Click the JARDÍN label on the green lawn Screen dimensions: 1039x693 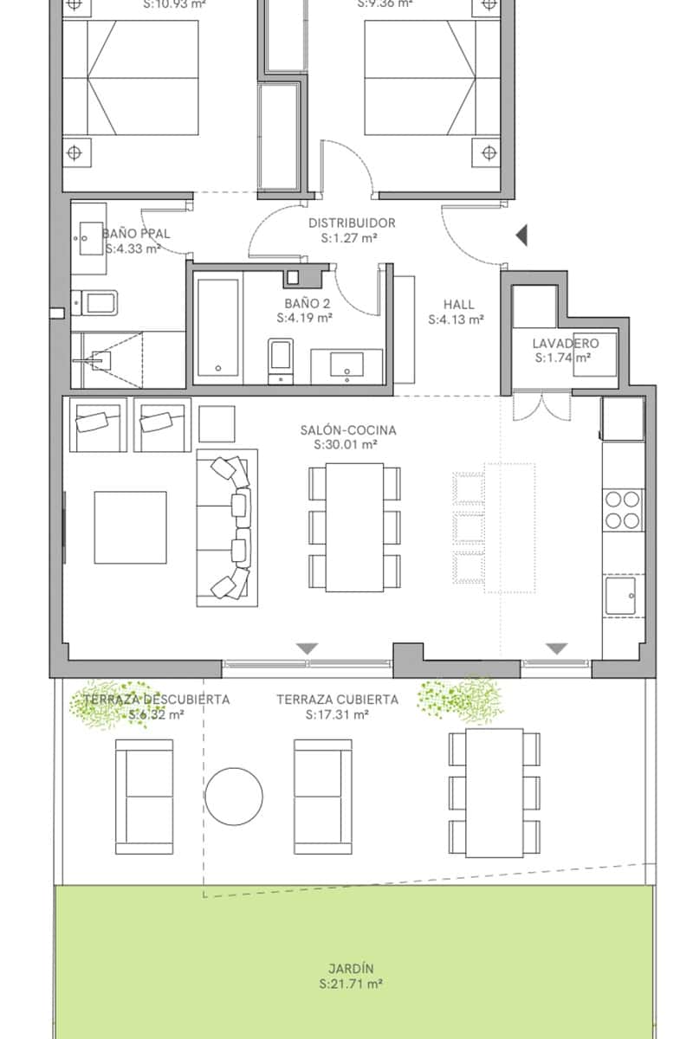pos(351,969)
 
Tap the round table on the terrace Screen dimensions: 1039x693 pos(234,796)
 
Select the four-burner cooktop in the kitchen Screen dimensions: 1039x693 pos(623,509)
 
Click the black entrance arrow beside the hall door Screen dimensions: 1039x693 pos(521,235)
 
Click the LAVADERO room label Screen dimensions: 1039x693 pos(565,343)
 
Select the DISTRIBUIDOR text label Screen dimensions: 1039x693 pos(352,223)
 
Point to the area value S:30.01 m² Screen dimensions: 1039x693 pos(345,445)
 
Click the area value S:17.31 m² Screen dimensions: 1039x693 pos(337,715)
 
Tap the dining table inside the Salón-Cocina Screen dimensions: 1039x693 pos(354,526)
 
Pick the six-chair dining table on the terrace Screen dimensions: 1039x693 pos(494,792)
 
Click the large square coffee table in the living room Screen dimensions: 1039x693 pos(130,527)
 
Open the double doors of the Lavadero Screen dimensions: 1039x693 pos(541,405)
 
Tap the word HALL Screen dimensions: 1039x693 pos(458,304)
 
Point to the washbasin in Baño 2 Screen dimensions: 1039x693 pos(347,366)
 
